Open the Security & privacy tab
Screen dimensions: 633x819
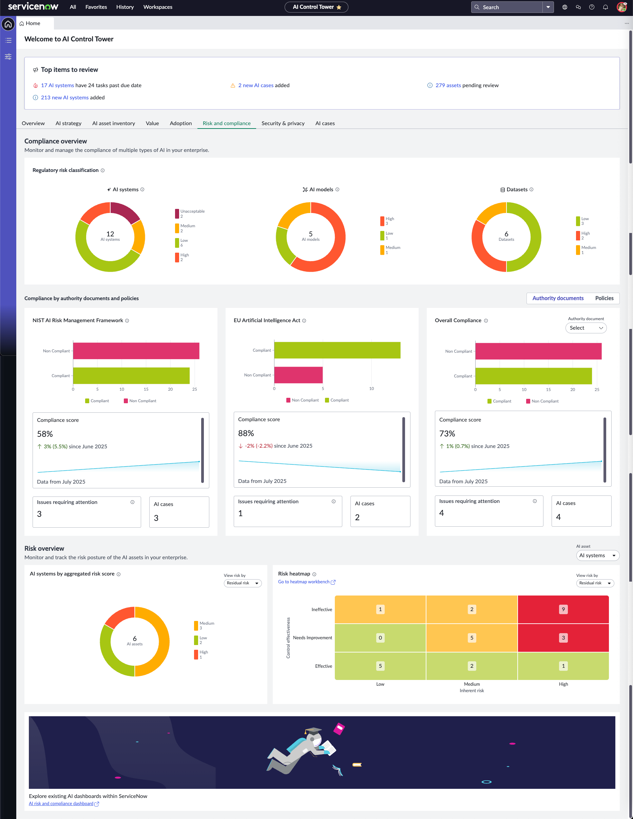click(x=283, y=123)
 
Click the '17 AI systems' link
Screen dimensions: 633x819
click(x=57, y=85)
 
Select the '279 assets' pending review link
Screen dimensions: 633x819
click(x=448, y=85)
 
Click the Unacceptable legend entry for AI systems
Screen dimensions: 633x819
click(x=190, y=214)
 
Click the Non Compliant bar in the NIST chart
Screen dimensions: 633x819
click(x=136, y=351)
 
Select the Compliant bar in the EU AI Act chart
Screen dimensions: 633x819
click(x=337, y=350)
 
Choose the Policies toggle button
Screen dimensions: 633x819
click(x=604, y=298)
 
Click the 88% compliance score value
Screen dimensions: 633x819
click(x=246, y=433)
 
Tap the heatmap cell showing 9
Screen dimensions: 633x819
click(x=563, y=609)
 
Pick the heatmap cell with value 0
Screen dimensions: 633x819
click(x=380, y=638)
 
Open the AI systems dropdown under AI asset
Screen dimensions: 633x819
click(x=597, y=556)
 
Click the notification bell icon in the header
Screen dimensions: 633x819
click(x=605, y=7)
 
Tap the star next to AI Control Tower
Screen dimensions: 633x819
click(x=339, y=7)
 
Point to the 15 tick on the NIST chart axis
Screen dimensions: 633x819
click(x=146, y=389)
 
